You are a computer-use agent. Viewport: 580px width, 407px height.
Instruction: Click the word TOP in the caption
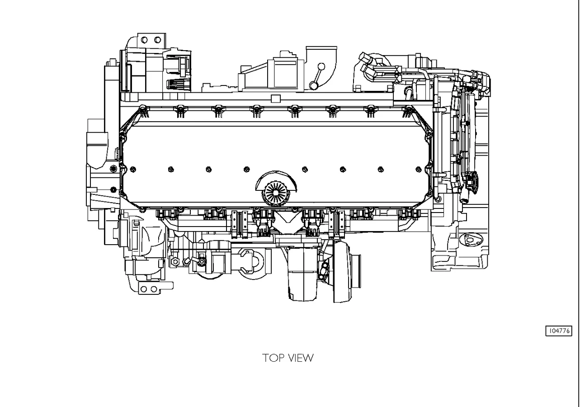(273, 358)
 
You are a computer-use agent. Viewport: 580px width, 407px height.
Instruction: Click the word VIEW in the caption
(300, 358)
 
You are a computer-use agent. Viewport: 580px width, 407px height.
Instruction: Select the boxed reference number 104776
(559, 331)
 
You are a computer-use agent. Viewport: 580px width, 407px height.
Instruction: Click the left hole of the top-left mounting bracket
(144, 40)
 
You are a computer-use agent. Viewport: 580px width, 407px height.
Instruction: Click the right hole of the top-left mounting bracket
(157, 40)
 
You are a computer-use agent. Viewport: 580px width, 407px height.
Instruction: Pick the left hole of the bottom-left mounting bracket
(144, 289)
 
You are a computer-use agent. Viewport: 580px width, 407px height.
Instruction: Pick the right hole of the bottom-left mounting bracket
(154, 289)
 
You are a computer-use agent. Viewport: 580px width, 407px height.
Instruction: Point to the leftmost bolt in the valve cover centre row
(132, 170)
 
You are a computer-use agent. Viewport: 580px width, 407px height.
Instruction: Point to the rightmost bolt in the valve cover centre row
(419, 170)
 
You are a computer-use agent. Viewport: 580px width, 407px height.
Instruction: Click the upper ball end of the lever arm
(321, 66)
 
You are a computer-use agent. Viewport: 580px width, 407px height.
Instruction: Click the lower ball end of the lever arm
(313, 85)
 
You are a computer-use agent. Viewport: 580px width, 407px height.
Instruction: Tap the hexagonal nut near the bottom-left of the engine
(175, 261)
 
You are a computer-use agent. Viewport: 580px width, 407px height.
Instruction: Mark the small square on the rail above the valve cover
(276, 98)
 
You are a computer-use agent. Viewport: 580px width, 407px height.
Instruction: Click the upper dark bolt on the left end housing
(113, 169)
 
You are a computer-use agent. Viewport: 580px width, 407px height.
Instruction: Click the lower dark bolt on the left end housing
(113, 189)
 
